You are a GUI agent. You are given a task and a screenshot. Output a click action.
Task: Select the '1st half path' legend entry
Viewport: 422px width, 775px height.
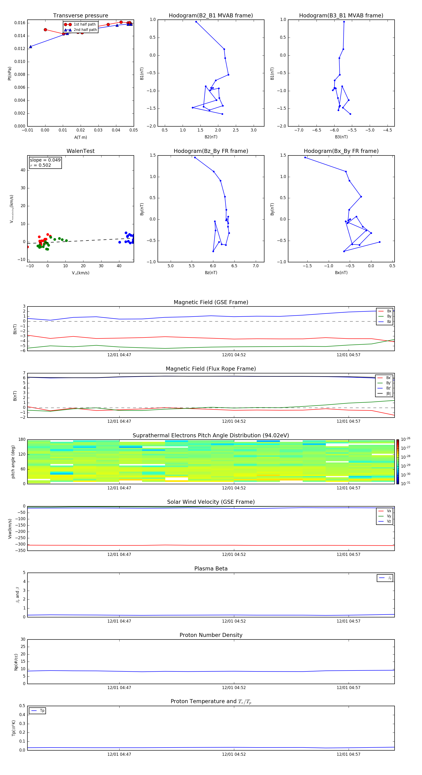click(84, 24)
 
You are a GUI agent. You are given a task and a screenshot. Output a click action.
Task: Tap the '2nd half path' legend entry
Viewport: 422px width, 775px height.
click(85, 30)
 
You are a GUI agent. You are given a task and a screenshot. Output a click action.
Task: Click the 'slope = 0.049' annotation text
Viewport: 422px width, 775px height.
click(45, 160)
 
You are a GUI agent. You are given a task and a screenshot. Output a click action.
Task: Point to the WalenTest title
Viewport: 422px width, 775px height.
click(80, 151)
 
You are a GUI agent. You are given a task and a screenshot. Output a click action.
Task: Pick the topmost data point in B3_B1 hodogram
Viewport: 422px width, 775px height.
click(344, 22)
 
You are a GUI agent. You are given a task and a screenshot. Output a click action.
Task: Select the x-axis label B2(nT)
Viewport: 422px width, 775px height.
click(211, 137)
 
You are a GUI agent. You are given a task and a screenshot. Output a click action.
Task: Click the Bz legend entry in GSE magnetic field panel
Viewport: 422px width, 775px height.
click(389, 322)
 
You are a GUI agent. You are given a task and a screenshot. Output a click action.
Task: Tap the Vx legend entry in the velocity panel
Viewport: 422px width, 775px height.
click(389, 511)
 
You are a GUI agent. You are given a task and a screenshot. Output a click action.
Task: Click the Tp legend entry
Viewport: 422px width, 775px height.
click(42, 711)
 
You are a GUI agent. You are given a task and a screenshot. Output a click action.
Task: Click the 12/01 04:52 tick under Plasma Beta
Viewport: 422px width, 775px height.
click(234, 621)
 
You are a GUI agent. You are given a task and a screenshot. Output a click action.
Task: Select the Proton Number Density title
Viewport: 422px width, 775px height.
click(211, 635)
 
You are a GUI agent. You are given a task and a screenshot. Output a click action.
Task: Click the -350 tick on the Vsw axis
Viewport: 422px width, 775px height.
click(20, 550)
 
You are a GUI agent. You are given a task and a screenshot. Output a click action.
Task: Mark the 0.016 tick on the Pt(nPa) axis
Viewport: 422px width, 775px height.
click(20, 23)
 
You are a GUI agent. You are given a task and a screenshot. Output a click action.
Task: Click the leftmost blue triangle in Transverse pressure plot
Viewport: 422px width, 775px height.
click(31, 47)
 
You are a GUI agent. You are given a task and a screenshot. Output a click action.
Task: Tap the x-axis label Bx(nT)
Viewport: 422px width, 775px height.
click(341, 273)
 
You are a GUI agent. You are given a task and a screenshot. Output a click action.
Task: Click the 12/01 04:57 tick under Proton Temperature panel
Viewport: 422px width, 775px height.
click(348, 754)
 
